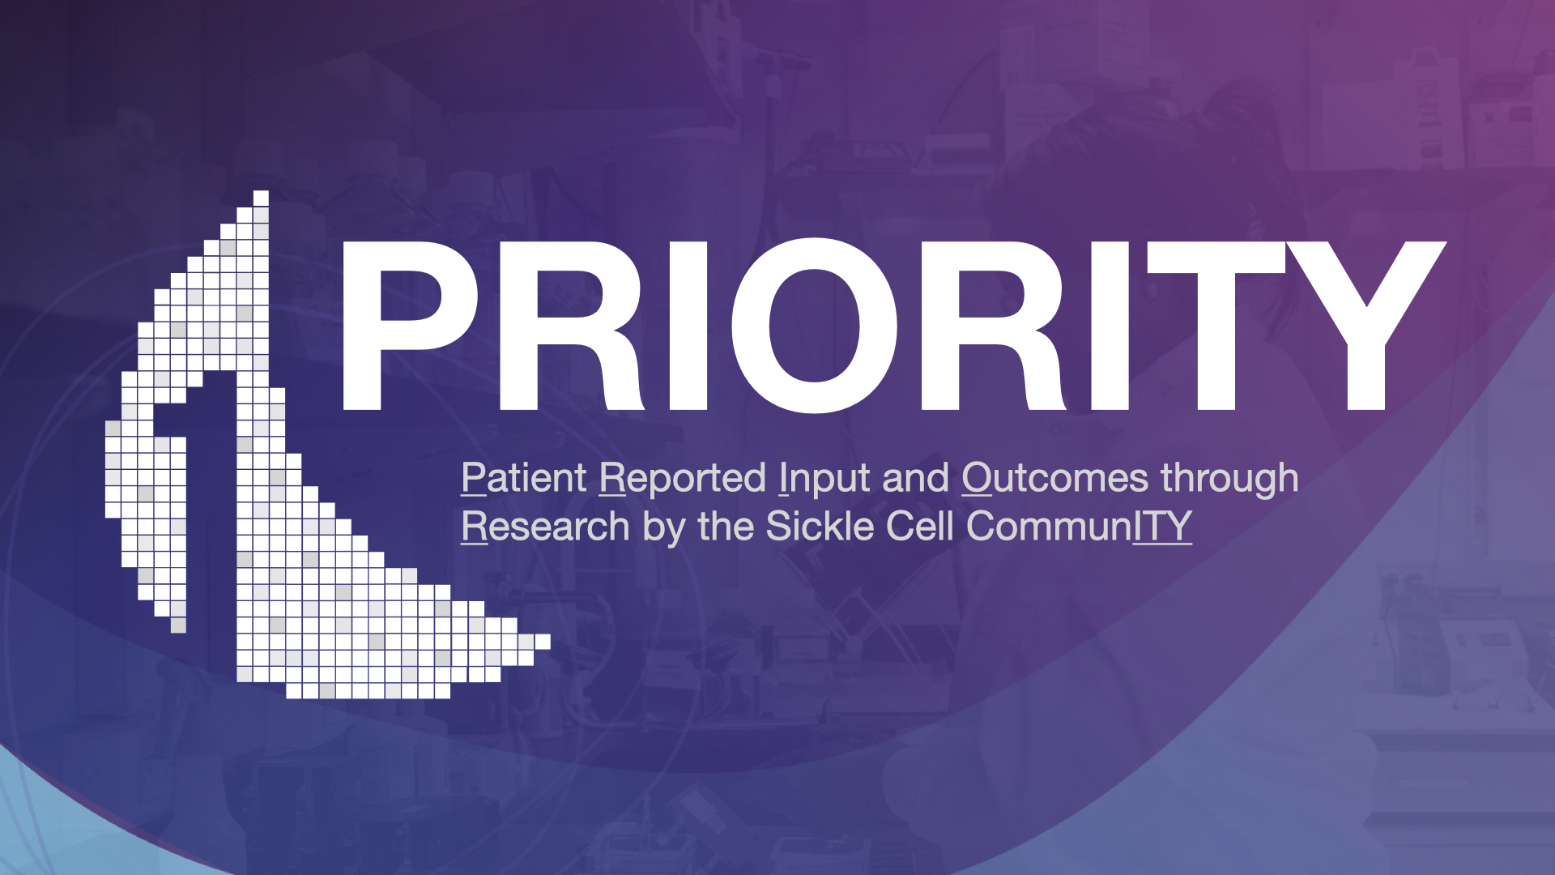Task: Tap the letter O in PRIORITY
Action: coord(814,326)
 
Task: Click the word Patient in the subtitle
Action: coord(524,477)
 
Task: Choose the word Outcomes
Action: coord(1055,477)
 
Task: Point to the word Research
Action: coord(545,527)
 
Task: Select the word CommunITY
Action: coord(1079,527)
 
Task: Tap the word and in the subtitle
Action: coord(915,477)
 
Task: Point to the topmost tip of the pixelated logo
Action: coord(261,192)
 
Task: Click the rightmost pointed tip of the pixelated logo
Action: coord(549,642)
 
